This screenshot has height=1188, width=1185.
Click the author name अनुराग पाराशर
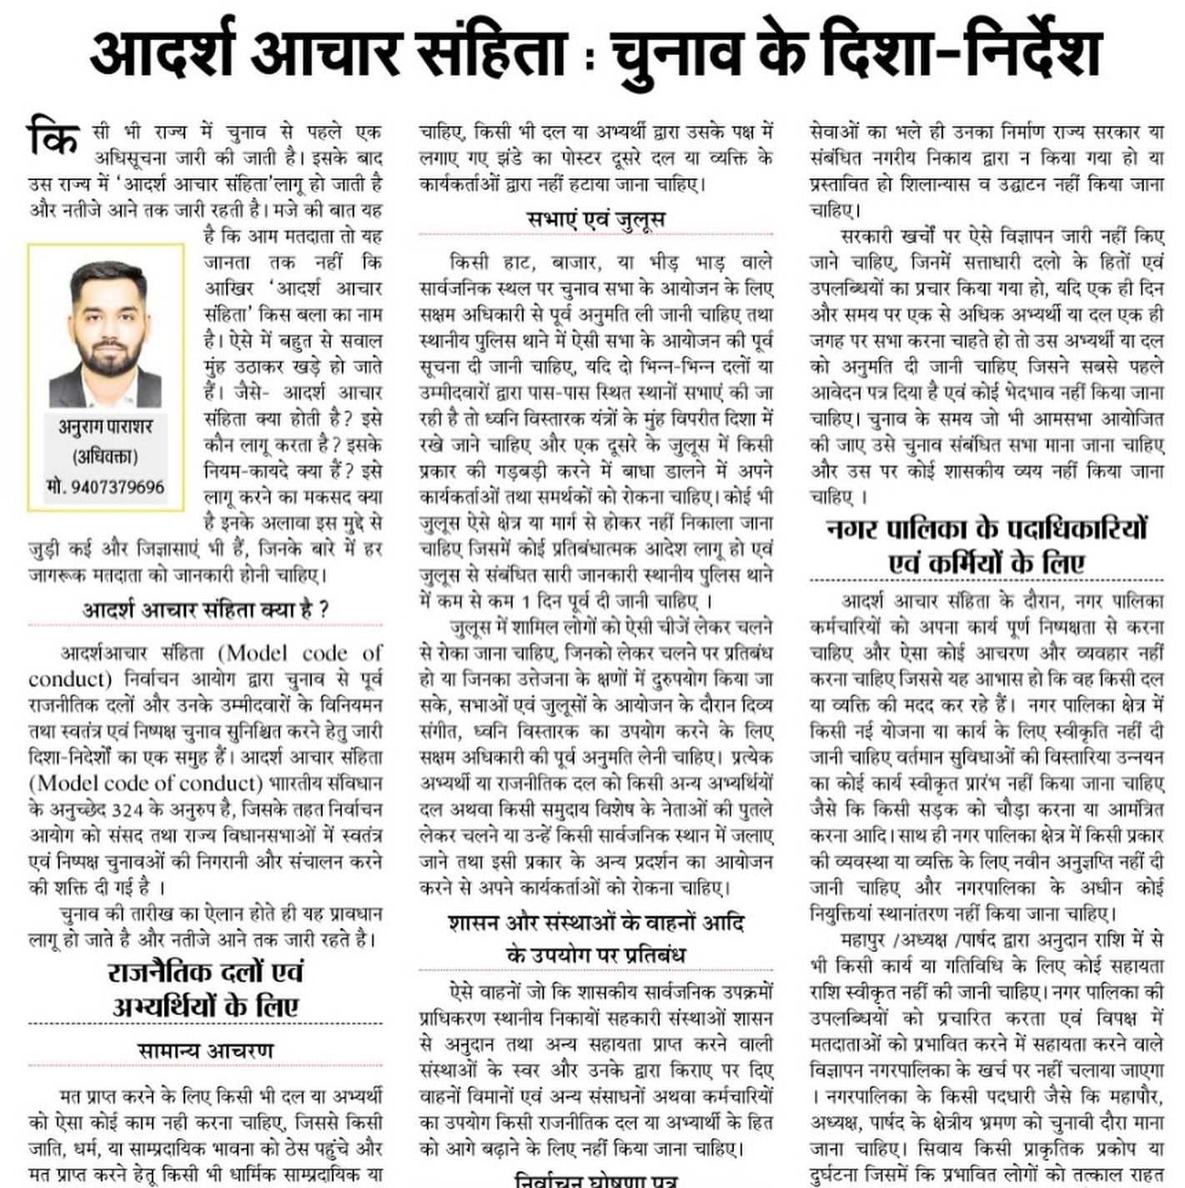(x=106, y=427)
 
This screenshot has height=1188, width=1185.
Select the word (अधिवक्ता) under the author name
(x=106, y=457)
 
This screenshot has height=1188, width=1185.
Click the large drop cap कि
(x=53, y=138)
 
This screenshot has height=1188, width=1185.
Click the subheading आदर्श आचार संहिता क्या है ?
(x=205, y=609)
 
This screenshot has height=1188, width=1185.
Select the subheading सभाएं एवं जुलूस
(x=596, y=220)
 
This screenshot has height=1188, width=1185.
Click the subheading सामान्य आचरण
(x=205, y=1050)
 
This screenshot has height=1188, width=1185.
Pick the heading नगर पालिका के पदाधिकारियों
(x=987, y=529)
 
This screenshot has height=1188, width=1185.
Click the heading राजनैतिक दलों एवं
(x=205, y=972)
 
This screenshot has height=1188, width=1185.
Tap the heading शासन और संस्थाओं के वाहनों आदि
(x=596, y=923)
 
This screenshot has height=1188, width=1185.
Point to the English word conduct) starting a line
(x=70, y=679)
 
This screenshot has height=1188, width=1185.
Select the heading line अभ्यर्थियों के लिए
(x=205, y=1006)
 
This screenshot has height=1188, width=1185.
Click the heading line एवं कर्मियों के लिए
(x=987, y=563)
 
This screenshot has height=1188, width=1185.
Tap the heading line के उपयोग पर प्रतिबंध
(x=596, y=955)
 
